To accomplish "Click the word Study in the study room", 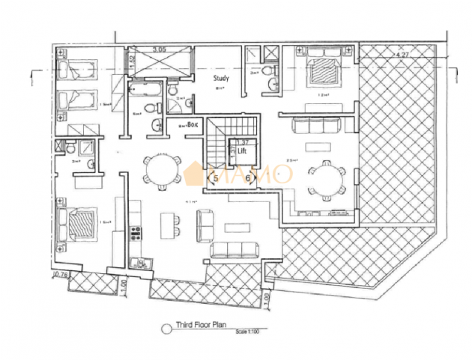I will [x=220, y=78].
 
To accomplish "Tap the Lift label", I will [x=241, y=150].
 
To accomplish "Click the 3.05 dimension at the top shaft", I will [x=159, y=49].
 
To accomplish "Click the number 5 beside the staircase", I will [x=217, y=177].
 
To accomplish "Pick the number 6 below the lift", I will [x=247, y=177].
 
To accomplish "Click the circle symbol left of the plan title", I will [x=167, y=327].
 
